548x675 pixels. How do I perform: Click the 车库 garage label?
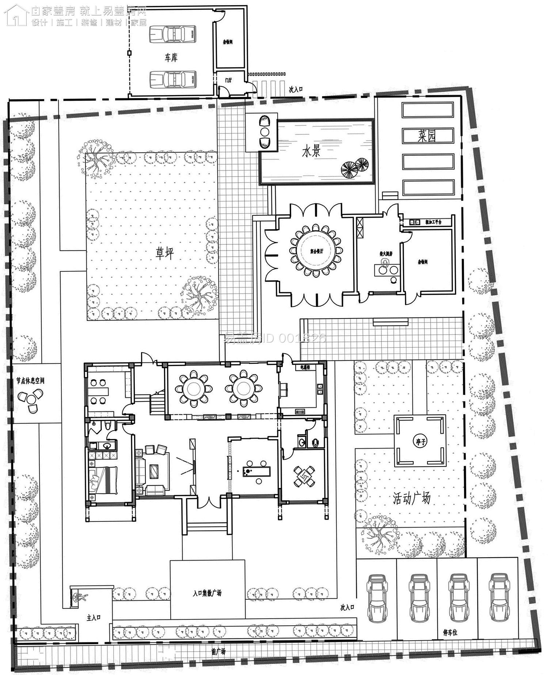pyautogui.click(x=171, y=57)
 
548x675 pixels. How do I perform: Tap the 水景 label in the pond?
pyautogui.click(x=311, y=151)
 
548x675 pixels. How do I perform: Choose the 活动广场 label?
pyautogui.click(x=411, y=498)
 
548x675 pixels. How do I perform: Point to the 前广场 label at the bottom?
pyautogui.click(x=218, y=651)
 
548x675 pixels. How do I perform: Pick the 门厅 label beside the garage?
pyautogui.click(x=228, y=80)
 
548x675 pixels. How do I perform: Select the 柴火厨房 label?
pyautogui.click(x=386, y=253)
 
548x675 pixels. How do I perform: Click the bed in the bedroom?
pyautogui.click(x=103, y=479)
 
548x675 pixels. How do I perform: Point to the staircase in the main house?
pyautogui.click(x=157, y=401)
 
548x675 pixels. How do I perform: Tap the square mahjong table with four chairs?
pyautogui.click(x=304, y=476)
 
